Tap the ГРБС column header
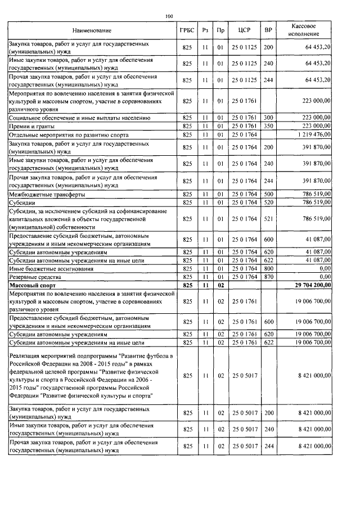tap(187, 30)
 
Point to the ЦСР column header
tap(244, 30)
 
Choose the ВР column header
tap(268, 30)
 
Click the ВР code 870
tap(268, 277)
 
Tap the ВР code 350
tap(268, 127)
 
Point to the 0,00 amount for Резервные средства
tap(325, 277)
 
